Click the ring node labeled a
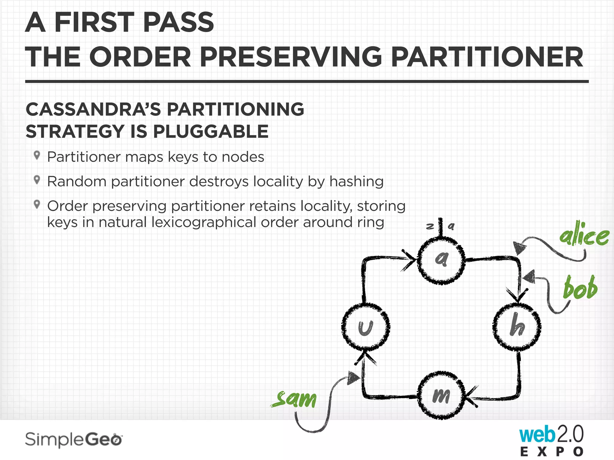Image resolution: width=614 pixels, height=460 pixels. [441, 260]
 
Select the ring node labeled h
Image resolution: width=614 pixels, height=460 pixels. [517, 326]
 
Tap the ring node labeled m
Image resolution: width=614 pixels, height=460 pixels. [441, 395]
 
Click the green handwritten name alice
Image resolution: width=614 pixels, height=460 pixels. [584, 235]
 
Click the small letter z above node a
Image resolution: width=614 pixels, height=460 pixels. [430, 226]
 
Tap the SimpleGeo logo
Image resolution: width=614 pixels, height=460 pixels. [73, 440]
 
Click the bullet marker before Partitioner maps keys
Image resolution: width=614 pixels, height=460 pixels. [37, 155]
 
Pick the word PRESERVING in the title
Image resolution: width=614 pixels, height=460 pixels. [291, 57]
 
